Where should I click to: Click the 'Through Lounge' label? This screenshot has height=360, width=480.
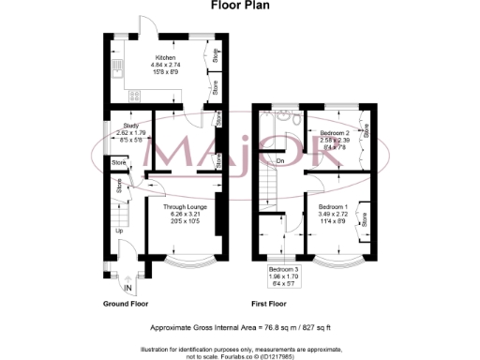pos(183,206)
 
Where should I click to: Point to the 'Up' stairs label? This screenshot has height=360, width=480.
pos(119,230)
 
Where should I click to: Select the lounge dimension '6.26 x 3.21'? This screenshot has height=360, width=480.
pos(183,214)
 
